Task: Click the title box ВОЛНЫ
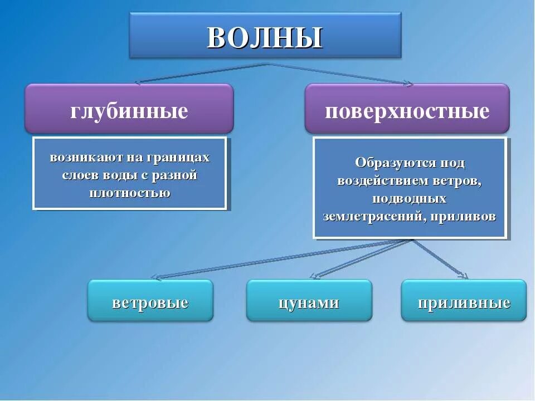coord(265,36)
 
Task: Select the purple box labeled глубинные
coord(129,110)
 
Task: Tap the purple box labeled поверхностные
coord(407,110)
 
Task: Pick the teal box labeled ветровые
coord(150,302)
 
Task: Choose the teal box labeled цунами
coord(309,302)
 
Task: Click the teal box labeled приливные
coord(464,302)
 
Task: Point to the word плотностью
coord(130,193)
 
